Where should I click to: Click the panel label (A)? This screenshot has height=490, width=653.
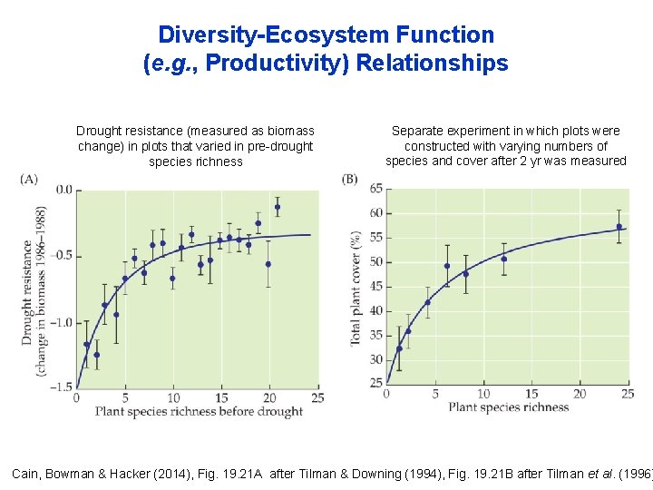(x=29, y=179)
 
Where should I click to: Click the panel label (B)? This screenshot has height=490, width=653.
(x=350, y=179)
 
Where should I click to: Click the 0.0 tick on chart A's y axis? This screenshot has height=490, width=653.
(x=63, y=190)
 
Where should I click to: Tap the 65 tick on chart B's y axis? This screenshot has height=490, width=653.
(x=375, y=189)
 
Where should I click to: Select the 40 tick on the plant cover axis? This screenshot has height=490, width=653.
(x=375, y=311)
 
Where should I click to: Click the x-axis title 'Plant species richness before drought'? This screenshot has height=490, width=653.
(x=199, y=412)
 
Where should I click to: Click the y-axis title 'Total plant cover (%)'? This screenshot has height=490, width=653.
(x=356, y=287)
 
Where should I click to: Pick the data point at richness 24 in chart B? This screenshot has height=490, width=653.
(x=619, y=227)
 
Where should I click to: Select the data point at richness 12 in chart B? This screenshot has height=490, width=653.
(x=504, y=259)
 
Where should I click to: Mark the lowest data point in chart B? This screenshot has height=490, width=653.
(x=399, y=348)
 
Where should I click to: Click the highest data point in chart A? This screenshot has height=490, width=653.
(x=278, y=207)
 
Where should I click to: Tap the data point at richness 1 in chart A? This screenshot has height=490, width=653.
(x=87, y=345)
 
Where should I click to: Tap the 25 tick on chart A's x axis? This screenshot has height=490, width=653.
(x=317, y=397)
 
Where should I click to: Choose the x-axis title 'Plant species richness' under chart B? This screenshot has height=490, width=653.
(x=508, y=407)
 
